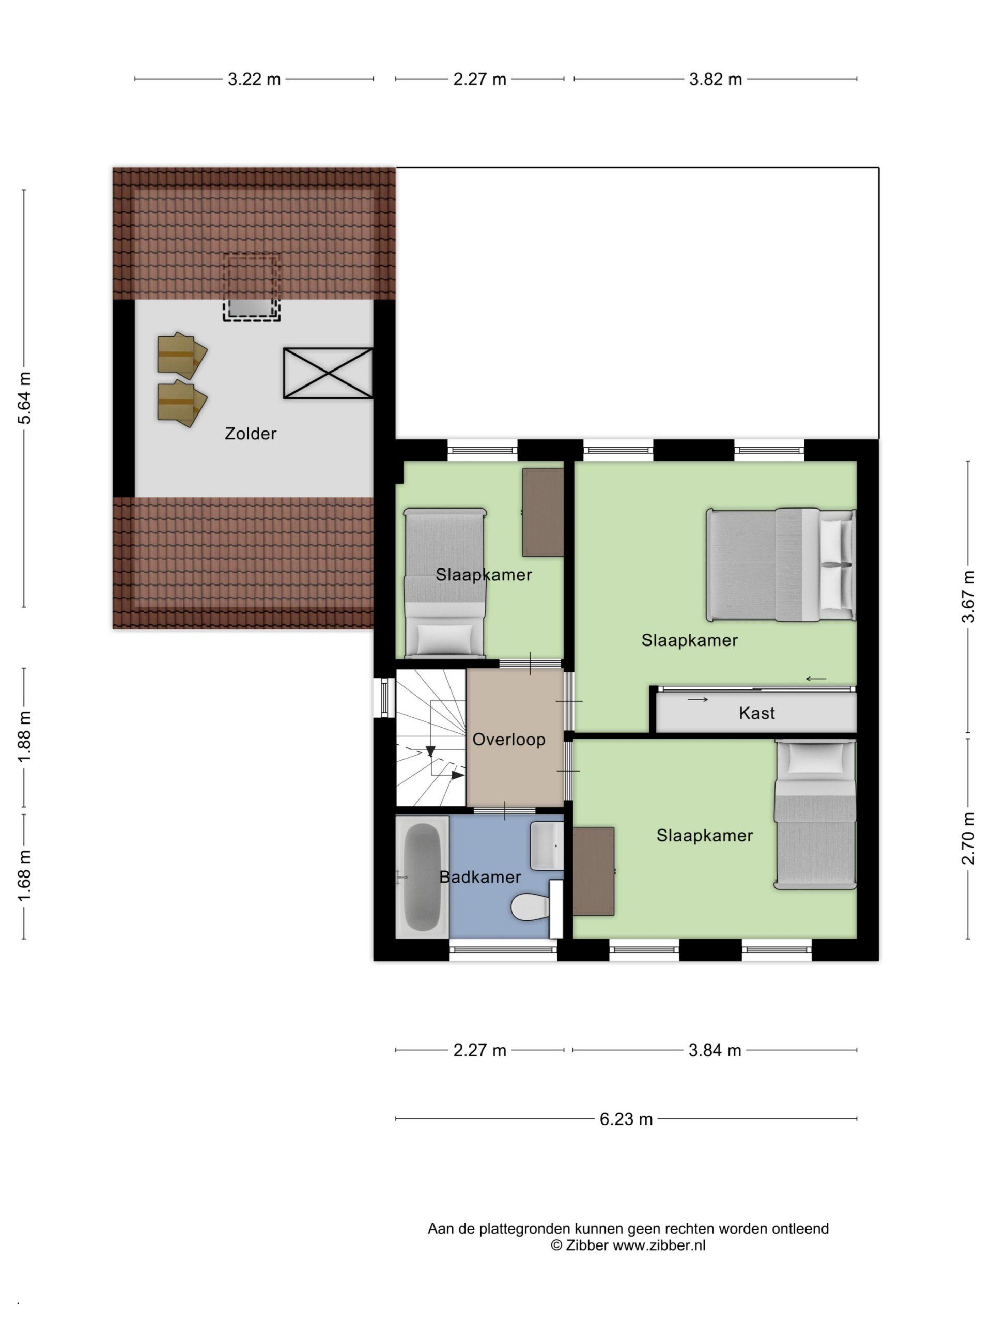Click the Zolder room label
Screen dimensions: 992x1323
coord(251,434)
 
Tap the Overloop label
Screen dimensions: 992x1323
coord(509,740)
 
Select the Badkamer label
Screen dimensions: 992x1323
coord(480,878)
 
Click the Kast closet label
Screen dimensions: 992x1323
coord(757,713)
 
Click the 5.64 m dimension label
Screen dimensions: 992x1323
coord(24,397)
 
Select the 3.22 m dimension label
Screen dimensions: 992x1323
coord(254,79)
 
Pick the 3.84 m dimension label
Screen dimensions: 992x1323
coord(715,1050)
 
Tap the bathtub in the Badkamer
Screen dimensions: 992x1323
coord(422,878)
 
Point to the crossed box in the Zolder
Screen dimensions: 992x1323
coord(328,374)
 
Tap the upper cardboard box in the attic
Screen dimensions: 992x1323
coord(182,355)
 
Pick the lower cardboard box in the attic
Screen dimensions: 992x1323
coord(182,404)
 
